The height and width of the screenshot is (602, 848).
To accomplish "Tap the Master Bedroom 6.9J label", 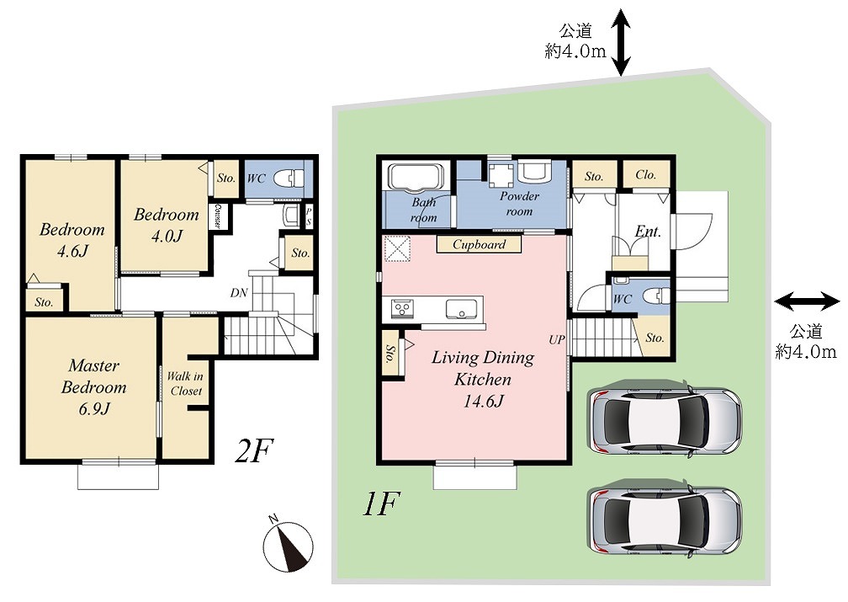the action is point(93,386).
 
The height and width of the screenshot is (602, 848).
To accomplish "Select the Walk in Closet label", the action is point(185,383).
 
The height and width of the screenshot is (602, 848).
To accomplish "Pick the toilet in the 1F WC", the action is point(656,296).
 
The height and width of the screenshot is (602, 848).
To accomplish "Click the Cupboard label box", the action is point(480,244).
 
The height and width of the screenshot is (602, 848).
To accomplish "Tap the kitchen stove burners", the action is point(402,309).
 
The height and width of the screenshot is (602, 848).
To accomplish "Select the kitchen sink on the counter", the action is point(462,309).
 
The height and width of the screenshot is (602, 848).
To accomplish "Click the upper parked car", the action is point(666,418).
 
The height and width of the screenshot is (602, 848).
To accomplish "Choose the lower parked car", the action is point(666,519).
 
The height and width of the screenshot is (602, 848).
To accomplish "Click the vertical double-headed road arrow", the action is point(621,42).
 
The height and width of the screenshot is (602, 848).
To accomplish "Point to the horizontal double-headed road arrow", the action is point(808,301).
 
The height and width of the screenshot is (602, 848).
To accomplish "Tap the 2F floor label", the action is point(254,450).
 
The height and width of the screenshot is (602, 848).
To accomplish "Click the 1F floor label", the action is point(381,503).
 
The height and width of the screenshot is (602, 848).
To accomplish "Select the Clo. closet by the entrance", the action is point(646,175).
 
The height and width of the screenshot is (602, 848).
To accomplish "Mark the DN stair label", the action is point(239,293).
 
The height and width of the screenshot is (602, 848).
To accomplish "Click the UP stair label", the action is point(557,339).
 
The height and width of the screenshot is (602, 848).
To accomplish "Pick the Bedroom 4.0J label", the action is point(167,225).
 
